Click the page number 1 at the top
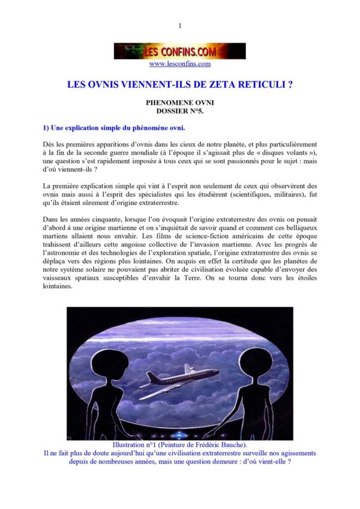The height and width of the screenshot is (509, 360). pyautogui.click(x=180, y=26)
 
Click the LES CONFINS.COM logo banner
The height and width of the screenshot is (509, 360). pyautogui.click(x=180, y=51)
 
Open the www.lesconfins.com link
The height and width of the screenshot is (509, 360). pyautogui.click(x=180, y=64)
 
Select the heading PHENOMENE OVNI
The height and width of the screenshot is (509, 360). pyautogui.click(x=180, y=103)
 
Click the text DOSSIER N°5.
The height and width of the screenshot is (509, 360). pyautogui.click(x=180, y=112)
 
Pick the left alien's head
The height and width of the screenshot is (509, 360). pyautogui.click(x=110, y=361)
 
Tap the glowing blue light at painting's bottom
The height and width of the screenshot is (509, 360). pyautogui.click(x=180, y=435)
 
